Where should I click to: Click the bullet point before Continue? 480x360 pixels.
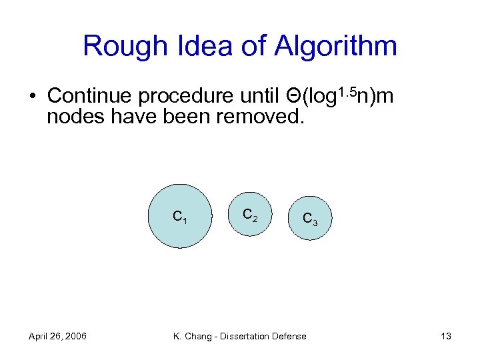[x=32, y=97]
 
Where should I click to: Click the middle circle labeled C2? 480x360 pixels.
[x=249, y=215]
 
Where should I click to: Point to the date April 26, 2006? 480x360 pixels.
[x=57, y=336]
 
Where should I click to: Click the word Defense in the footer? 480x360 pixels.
[x=290, y=336]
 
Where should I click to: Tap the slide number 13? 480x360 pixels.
[x=446, y=336]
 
